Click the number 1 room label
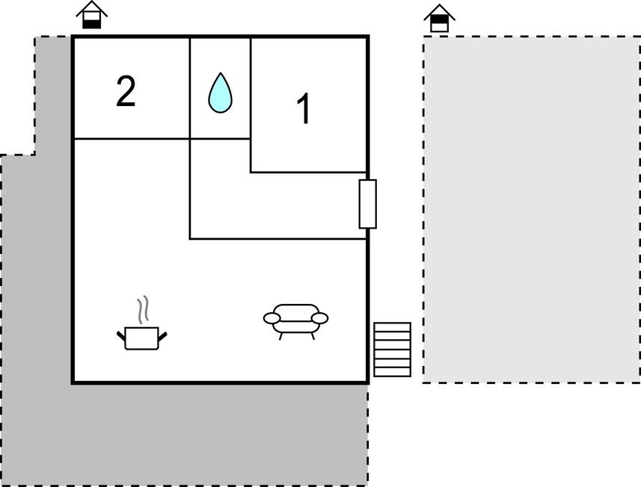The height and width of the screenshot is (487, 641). [304, 108]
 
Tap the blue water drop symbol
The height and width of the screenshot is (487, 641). [221, 93]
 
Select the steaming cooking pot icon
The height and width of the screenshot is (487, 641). [142, 323]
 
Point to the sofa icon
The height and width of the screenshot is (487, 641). [295, 321]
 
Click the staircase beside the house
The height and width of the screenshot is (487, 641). [393, 350]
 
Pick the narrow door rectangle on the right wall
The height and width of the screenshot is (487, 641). [367, 204]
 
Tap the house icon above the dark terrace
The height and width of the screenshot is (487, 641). [91, 15]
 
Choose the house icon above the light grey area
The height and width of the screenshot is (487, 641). [439, 18]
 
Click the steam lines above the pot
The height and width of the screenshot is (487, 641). [142, 310]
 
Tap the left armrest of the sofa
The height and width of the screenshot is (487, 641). [272, 318]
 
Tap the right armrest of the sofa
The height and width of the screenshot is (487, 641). [319, 318]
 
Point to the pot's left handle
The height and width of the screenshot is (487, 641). [121, 336]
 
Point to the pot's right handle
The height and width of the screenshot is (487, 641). [163, 336]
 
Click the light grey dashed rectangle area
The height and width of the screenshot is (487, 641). [532, 209]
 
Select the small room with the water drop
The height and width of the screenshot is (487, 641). [221, 88]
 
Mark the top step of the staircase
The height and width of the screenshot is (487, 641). [393, 327]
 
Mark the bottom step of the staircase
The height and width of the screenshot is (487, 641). [393, 372]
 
